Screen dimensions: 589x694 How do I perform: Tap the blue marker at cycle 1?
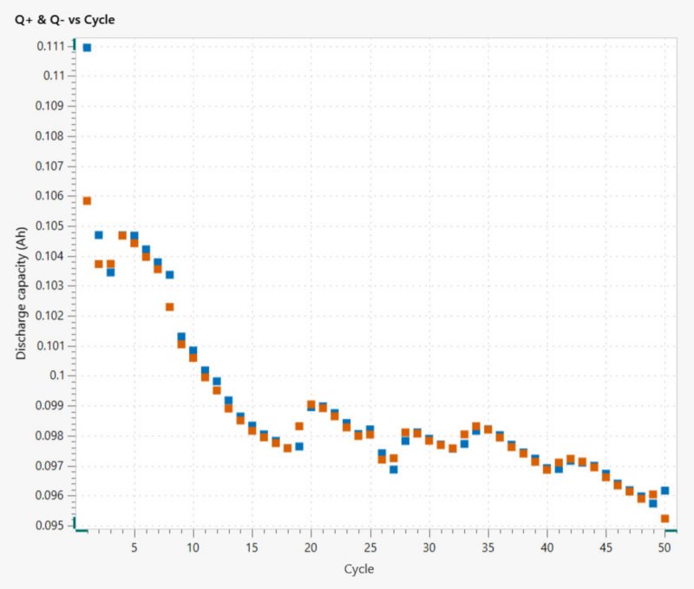[87, 47]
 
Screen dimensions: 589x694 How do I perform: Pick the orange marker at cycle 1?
[87, 200]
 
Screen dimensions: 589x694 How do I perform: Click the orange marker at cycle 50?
[665, 519]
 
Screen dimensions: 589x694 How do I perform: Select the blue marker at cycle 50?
[665, 490]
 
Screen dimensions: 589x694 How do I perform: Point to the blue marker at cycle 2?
[99, 235]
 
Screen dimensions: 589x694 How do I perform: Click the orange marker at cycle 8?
[169, 306]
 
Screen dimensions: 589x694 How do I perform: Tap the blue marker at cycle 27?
[393, 469]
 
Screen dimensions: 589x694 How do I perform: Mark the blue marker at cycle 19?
[299, 446]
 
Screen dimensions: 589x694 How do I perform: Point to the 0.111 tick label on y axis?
[52, 45]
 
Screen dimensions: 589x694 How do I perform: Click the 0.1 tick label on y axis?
[59, 375]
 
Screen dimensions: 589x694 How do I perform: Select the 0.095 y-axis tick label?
[52, 525]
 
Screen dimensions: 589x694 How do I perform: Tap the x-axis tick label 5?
[134, 548]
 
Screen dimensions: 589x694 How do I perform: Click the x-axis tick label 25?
[370, 548]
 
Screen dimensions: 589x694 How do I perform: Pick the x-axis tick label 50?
[665, 548]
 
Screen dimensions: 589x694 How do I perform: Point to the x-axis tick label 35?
[488, 548]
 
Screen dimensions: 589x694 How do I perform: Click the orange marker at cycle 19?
[299, 426]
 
